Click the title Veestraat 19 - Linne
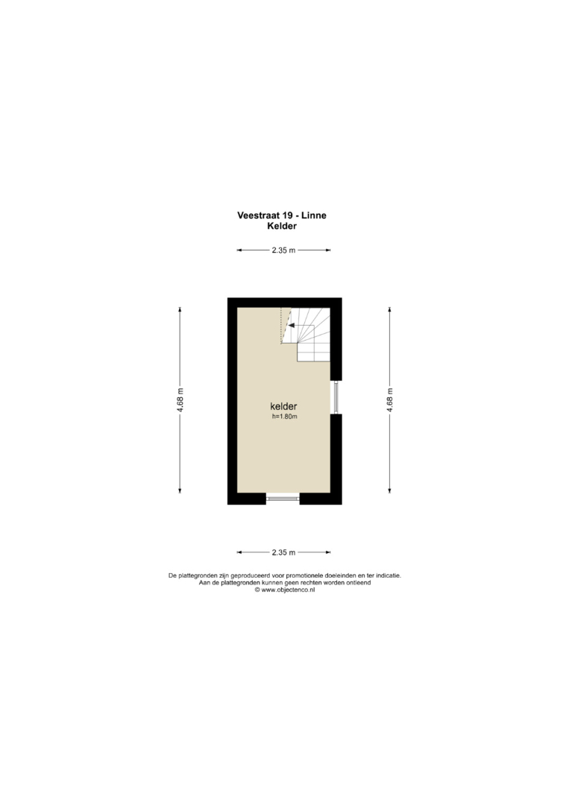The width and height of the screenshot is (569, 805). pyautogui.click(x=281, y=215)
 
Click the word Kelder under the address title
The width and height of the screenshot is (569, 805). pyautogui.click(x=282, y=226)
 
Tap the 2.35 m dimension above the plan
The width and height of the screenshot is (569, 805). pyautogui.click(x=283, y=250)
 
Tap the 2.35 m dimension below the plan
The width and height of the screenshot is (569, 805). pyautogui.click(x=283, y=552)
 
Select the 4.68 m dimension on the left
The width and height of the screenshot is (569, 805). pyautogui.click(x=180, y=400)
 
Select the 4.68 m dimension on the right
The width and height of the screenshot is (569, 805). pyautogui.click(x=390, y=400)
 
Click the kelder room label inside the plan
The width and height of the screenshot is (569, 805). pyautogui.click(x=283, y=407)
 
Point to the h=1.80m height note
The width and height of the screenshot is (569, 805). pyautogui.click(x=285, y=417)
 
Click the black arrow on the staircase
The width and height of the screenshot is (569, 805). pyautogui.click(x=291, y=325)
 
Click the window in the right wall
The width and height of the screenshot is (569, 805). pyautogui.click(x=335, y=397)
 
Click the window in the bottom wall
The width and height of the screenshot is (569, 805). pyautogui.click(x=283, y=497)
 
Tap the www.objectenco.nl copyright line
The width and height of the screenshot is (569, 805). pyautogui.click(x=285, y=590)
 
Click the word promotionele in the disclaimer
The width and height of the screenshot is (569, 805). pyautogui.click(x=311, y=576)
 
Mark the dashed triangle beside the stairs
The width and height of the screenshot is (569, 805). pyautogui.click(x=286, y=326)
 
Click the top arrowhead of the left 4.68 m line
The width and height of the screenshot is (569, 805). pyautogui.click(x=180, y=309)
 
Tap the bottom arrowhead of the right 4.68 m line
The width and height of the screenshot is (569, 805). pyautogui.click(x=390, y=490)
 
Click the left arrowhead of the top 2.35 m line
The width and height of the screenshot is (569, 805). pyautogui.click(x=239, y=250)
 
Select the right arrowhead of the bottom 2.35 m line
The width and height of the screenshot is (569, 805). pyautogui.click(x=328, y=552)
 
